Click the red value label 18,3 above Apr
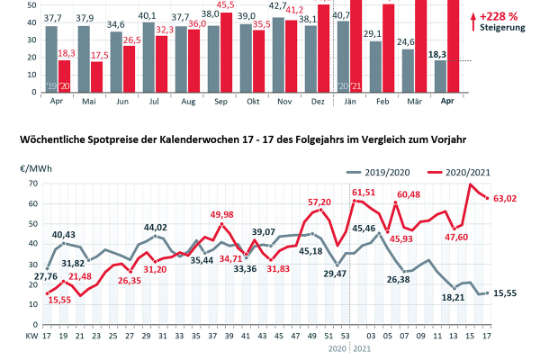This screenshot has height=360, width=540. pos(67,53)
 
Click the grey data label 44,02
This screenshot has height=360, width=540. pos(156,228)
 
